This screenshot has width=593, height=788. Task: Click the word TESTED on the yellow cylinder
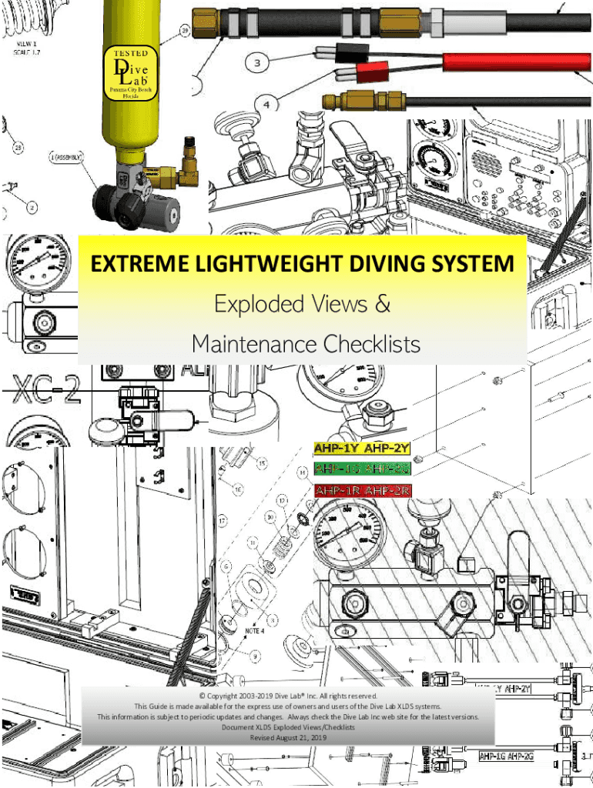click(131, 55)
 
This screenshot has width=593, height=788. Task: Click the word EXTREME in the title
click(138, 264)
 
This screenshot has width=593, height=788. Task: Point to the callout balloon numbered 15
click(262, 464)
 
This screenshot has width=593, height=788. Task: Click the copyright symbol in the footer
click(201, 695)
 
